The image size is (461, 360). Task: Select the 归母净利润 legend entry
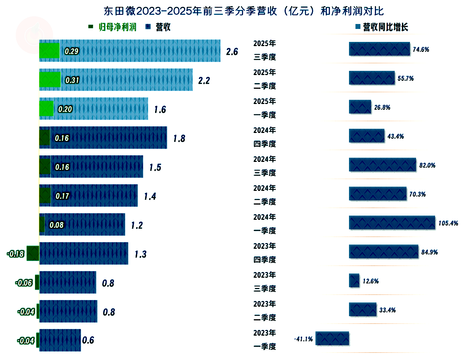(112, 27)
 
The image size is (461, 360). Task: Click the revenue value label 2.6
(232, 52)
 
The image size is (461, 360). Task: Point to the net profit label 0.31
(72, 80)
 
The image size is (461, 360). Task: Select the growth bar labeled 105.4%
(392, 223)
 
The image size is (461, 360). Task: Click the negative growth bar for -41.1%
(332, 338)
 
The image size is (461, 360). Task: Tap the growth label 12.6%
(371, 281)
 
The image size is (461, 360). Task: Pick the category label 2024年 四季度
(265, 137)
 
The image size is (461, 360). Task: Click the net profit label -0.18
(16, 254)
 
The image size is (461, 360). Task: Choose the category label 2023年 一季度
(265, 340)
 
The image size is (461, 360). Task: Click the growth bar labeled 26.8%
(360, 107)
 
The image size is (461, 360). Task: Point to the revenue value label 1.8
(179, 138)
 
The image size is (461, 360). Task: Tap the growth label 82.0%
(427, 165)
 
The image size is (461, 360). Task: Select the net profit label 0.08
(56, 225)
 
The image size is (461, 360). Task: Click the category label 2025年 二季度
(265, 79)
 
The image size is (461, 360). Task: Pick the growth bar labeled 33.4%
(363, 309)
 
